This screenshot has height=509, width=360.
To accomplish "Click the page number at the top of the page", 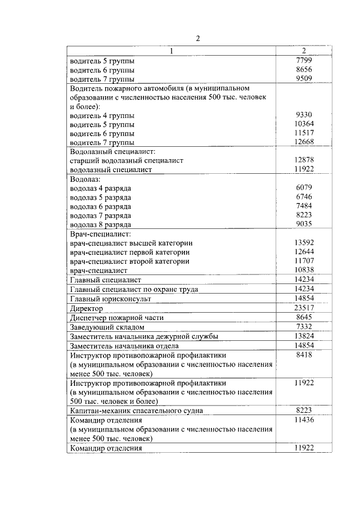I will coord(197,39).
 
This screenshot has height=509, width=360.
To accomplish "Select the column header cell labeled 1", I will coord(172,51).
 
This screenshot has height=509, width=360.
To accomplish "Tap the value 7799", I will coord(303,60).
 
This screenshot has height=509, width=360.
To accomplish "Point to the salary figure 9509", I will coord(303,79).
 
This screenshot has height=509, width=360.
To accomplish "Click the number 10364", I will coord(303,124).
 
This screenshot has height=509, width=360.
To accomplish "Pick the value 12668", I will coord(303,143).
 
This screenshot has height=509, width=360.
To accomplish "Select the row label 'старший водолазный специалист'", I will coord(127,160).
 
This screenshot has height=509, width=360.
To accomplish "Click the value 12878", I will coord(303,160).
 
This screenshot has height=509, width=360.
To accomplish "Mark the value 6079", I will coord(303,188).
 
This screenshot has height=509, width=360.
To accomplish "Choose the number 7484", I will coord(303,206).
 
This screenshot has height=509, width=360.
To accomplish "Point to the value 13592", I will coord(303,243).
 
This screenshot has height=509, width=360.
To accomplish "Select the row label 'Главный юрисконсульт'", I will coord(108,298).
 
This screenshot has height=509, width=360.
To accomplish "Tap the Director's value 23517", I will coord(303,308).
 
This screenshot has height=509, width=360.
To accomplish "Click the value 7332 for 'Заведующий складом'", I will coord(303,327).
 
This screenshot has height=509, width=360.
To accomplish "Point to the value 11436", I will coord(303,420).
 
